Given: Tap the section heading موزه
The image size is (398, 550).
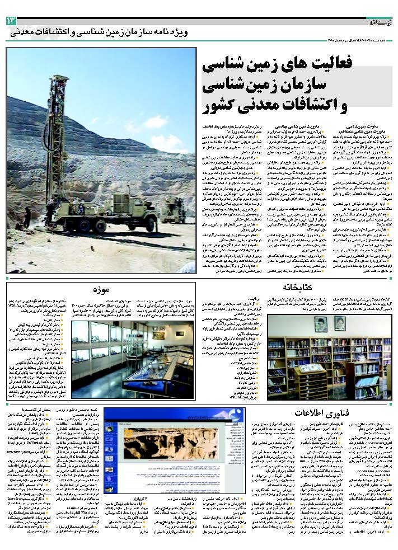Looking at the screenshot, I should pos(100,289).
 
